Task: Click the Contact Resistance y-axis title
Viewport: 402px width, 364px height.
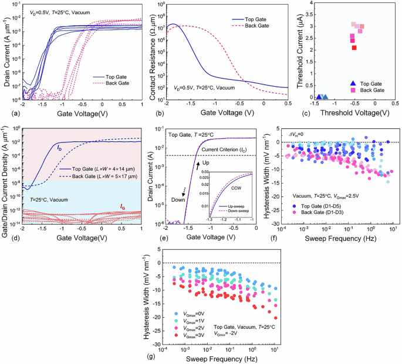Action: tap(150, 52)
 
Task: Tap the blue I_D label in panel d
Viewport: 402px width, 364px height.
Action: tap(59, 147)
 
